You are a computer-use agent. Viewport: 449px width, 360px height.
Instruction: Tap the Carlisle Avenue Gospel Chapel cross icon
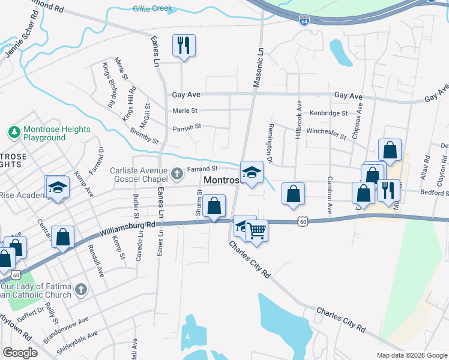pyautogui.click(x=177, y=173)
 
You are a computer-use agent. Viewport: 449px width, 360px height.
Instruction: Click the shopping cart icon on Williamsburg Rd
pyautogui.click(x=256, y=229)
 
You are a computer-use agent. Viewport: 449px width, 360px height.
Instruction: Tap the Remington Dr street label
pyautogui.click(x=269, y=149)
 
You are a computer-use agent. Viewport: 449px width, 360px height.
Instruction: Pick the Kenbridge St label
pyautogui.click(x=328, y=113)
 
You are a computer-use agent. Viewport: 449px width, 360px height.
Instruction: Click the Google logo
pyautogui.click(x=20, y=352)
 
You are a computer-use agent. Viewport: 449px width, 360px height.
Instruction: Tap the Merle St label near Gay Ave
pyautogui.click(x=185, y=110)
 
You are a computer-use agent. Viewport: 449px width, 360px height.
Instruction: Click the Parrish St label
pyautogui.click(x=187, y=127)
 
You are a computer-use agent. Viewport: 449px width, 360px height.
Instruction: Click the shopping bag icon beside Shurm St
pyautogui.click(x=214, y=206)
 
